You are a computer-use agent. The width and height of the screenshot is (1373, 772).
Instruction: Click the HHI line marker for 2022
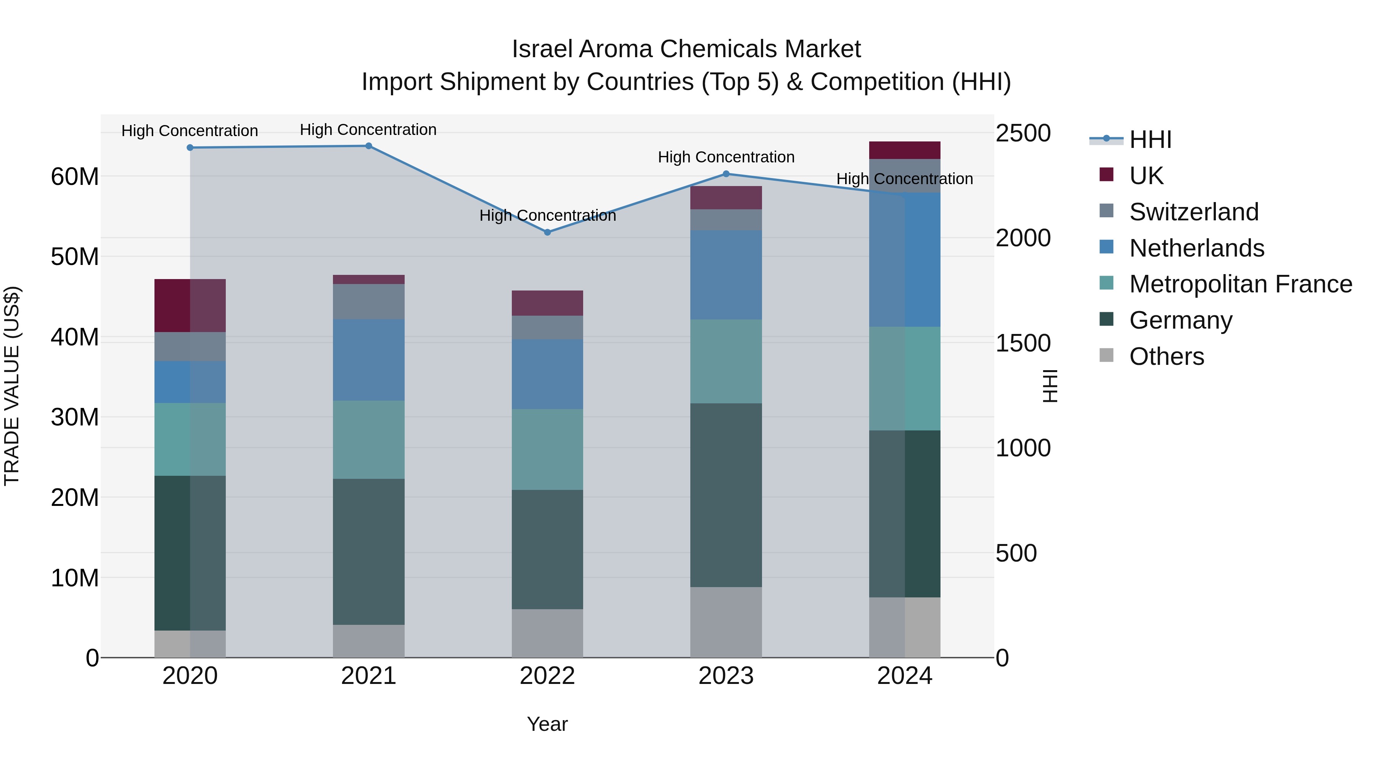click(547, 232)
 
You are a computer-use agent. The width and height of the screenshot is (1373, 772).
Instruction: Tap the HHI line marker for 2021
click(368, 146)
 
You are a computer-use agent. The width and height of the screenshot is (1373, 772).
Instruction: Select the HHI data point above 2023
click(725, 174)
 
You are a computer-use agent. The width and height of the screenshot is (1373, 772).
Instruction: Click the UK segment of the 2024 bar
click(905, 150)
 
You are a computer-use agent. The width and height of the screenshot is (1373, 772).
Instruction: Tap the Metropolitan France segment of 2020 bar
click(190, 439)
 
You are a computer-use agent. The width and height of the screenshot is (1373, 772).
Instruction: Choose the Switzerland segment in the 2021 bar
click(368, 302)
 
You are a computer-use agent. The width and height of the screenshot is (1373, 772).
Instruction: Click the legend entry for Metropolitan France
click(1240, 284)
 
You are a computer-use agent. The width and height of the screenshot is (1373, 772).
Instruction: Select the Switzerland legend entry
click(1193, 212)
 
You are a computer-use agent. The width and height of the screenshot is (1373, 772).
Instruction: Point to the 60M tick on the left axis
click(75, 177)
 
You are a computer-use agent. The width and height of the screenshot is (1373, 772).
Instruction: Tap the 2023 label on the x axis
click(725, 676)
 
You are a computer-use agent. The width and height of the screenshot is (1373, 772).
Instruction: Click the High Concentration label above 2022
click(547, 215)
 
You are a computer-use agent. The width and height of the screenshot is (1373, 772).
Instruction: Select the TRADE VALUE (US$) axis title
click(12, 386)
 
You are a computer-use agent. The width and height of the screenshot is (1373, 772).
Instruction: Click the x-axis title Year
click(547, 724)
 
